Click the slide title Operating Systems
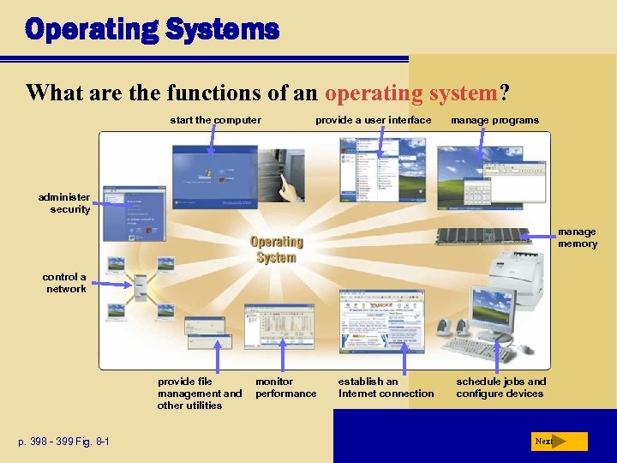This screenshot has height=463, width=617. (152, 30)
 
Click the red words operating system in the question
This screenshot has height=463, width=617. (411, 93)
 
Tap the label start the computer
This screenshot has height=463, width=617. (215, 120)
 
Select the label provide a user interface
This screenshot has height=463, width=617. (373, 120)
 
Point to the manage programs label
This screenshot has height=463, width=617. (494, 120)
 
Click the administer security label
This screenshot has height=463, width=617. (64, 203)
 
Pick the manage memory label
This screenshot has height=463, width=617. (578, 238)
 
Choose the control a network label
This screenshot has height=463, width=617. (65, 283)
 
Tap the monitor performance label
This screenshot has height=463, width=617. (285, 388)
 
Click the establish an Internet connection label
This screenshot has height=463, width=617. (386, 388)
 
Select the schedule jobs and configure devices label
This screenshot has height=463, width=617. (500, 388)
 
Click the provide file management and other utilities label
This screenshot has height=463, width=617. (200, 394)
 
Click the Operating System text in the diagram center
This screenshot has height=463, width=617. (276, 250)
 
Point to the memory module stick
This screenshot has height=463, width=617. (483, 236)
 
